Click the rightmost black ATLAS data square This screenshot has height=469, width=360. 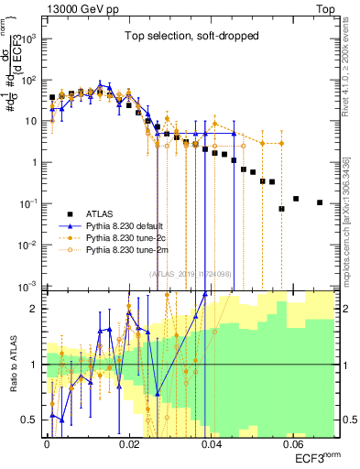click(320, 202)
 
